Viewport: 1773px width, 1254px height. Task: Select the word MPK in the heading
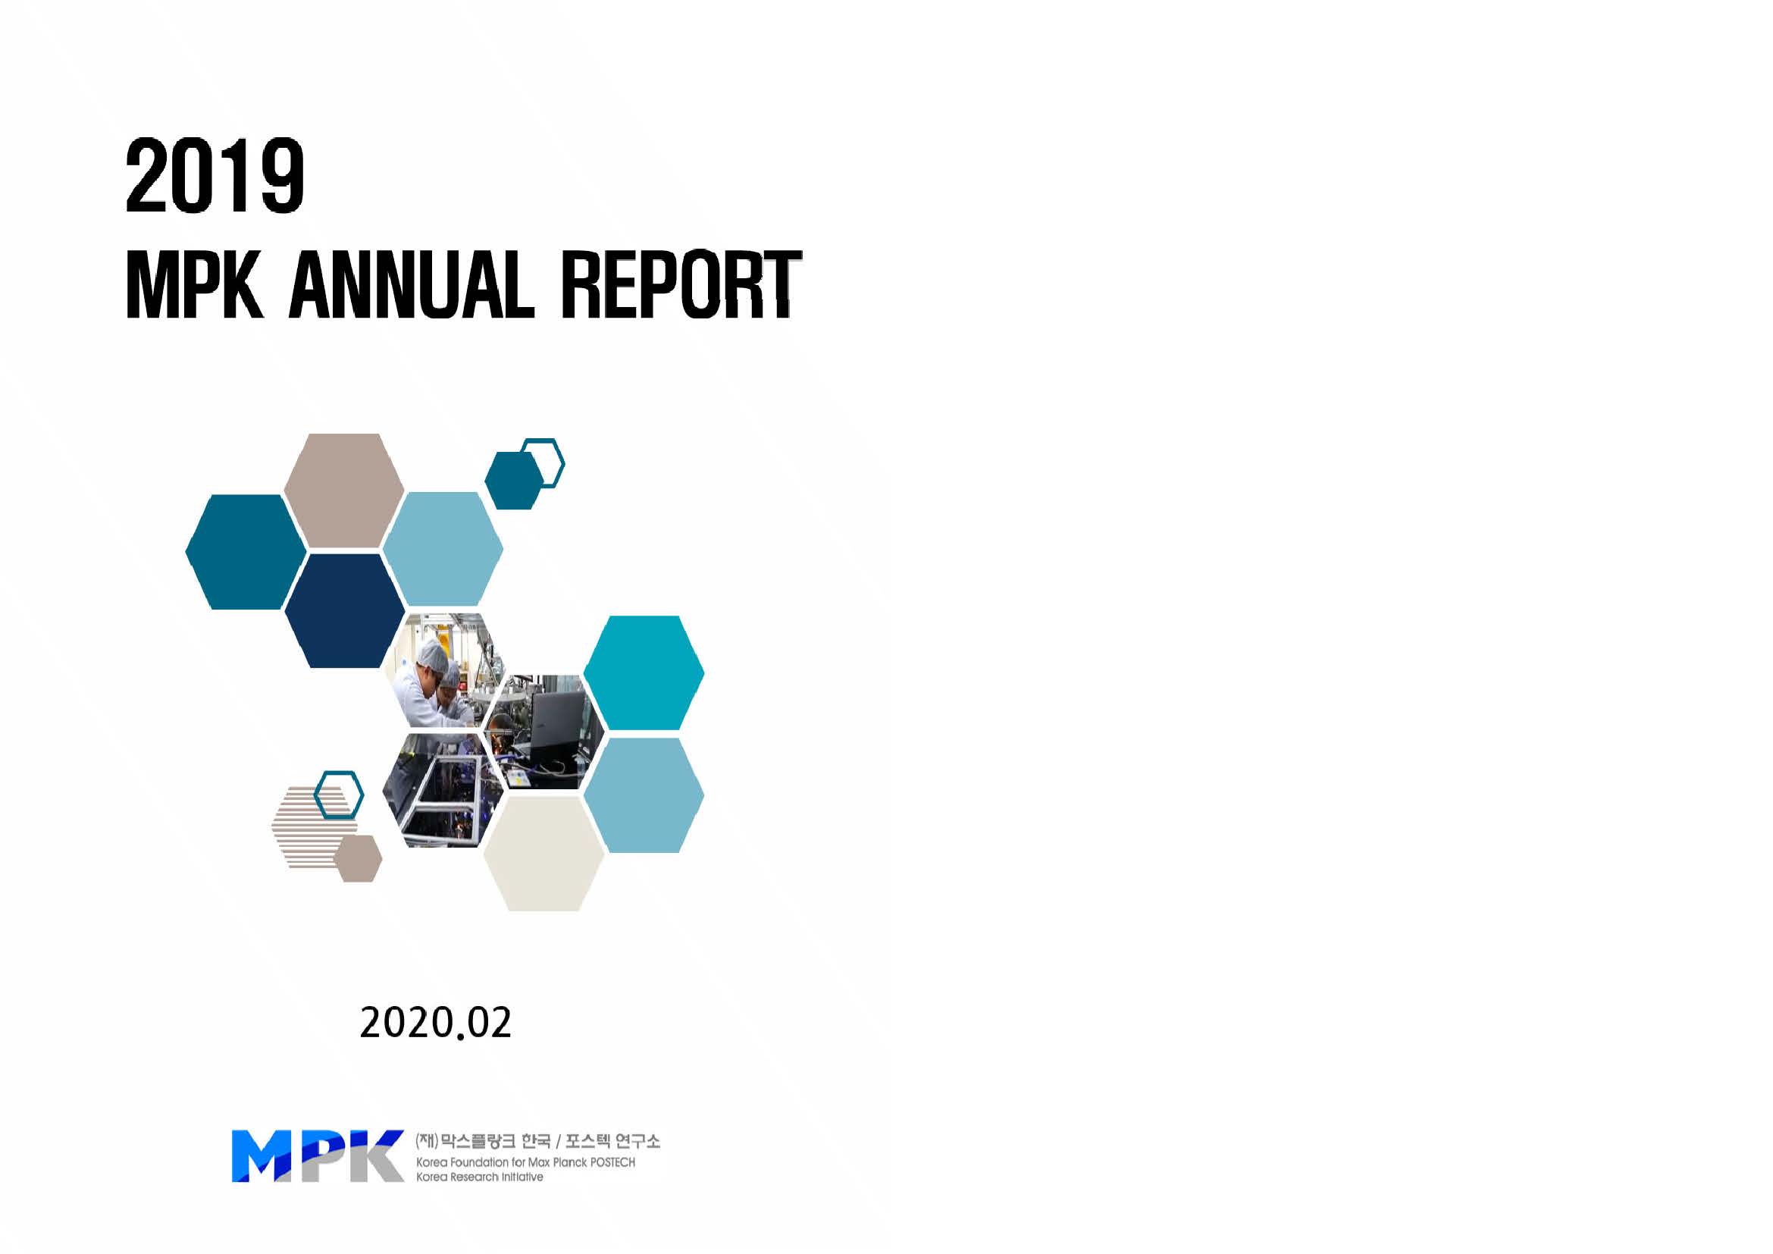[x=195, y=284]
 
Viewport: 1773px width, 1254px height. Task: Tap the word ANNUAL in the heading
[x=412, y=284]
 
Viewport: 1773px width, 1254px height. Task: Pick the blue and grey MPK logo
[x=318, y=1156]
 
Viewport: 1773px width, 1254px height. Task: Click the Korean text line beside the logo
[x=537, y=1140]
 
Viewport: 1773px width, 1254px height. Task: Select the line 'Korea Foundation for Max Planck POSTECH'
[x=525, y=1162]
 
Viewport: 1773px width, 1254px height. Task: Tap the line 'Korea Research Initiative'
[x=479, y=1177]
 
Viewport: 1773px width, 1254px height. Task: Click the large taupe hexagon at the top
[x=343, y=491]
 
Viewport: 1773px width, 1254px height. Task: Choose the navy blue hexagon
[x=344, y=611]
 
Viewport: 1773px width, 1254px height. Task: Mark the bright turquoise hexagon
[x=644, y=672]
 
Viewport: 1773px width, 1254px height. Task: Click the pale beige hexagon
[x=543, y=853]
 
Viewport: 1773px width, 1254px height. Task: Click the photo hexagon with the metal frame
[x=434, y=790]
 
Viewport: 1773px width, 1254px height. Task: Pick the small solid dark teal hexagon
[x=513, y=480]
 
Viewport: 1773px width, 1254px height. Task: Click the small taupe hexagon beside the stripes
[x=358, y=858]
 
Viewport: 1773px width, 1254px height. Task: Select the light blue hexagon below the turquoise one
[x=644, y=795]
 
